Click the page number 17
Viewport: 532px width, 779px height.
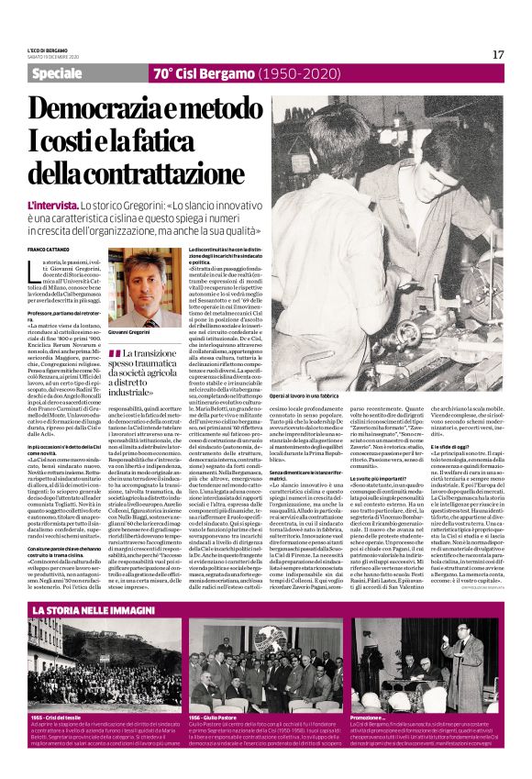498,55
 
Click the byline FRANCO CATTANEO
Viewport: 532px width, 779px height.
48,249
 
